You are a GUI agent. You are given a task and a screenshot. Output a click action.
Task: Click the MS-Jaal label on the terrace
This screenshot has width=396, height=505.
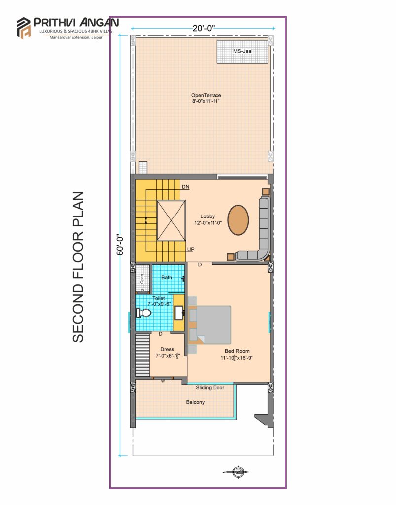pyautogui.click(x=243, y=51)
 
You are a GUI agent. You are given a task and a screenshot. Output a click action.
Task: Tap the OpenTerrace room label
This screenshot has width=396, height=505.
pyautogui.click(x=206, y=95)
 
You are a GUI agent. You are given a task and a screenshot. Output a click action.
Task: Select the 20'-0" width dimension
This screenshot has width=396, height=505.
pyautogui.click(x=204, y=28)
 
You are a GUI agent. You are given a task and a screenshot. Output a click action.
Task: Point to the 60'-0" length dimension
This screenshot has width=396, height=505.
pyautogui.click(x=120, y=245)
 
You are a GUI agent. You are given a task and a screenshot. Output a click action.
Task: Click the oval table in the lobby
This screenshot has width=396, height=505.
pyautogui.click(x=238, y=220)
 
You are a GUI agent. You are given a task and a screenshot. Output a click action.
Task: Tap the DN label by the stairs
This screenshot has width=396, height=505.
pyautogui.click(x=185, y=187)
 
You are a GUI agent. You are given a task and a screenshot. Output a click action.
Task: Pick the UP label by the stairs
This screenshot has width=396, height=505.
pyautogui.click(x=191, y=249)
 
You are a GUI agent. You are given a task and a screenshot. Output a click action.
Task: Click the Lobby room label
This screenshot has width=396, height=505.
pyautogui.click(x=207, y=216)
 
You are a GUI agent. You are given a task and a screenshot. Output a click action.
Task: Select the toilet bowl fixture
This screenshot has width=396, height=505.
pyautogui.click(x=144, y=312)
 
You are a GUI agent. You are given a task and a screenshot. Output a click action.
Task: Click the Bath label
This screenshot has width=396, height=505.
pyautogui.click(x=167, y=277)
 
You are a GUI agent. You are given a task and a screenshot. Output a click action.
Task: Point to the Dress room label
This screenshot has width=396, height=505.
pyautogui.click(x=167, y=349)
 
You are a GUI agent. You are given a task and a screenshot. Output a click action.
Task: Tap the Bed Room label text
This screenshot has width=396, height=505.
pyautogui.click(x=237, y=351)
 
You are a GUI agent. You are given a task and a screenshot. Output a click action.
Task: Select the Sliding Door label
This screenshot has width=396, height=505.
pyautogui.click(x=210, y=388)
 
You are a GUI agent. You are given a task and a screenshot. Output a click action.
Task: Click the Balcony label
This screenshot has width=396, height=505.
pyautogui.click(x=195, y=402)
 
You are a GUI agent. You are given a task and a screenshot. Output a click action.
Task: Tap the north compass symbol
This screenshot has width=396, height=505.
pyautogui.click(x=237, y=472)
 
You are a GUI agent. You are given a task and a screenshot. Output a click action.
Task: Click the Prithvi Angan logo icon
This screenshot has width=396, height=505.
pyautogui.click(x=24, y=28)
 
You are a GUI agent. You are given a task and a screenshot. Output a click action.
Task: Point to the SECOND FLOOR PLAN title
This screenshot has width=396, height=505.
pyautogui.click(x=78, y=267)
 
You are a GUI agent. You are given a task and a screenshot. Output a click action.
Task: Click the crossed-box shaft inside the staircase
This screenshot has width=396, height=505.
pyautogui.click(x=171, y=220)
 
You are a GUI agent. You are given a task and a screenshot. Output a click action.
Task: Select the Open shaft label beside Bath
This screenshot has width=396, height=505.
pyautogui.click(x=142, y=279)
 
